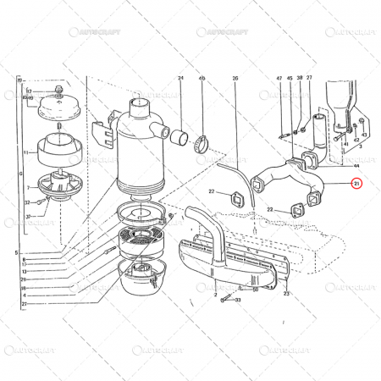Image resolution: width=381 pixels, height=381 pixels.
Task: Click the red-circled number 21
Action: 356,183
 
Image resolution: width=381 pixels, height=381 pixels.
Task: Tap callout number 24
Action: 180,79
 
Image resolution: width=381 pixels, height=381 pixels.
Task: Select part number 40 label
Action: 202,79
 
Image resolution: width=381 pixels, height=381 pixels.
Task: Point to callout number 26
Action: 235,79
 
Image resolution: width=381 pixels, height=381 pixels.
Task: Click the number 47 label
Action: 279,79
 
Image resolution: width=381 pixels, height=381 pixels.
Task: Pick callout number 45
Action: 290,79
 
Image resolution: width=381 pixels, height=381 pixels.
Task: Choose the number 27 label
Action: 309,79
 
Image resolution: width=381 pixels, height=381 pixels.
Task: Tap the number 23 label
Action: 287,294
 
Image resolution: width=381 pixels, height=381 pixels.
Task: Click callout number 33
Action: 240,300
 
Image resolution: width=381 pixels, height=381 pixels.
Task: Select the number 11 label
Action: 26,152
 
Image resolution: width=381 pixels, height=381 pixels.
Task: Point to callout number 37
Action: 27,217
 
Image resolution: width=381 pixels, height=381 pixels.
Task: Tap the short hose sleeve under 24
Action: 179,135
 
